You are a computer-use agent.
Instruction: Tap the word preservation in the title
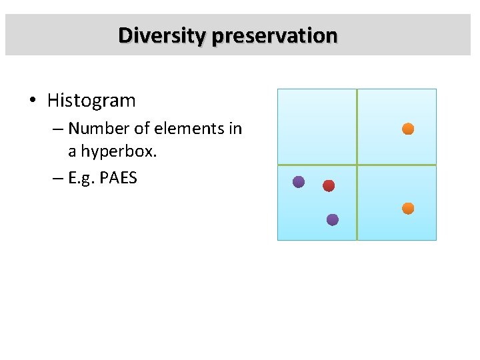coord(275,35)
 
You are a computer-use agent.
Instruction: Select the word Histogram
coord(91,101)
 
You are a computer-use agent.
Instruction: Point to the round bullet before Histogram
coord(33,101)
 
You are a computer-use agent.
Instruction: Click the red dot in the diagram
coord(329,185)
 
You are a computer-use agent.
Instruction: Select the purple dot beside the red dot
coord(299,181)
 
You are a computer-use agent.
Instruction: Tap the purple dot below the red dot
coord(333,219)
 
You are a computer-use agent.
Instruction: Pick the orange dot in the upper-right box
coord(408,129)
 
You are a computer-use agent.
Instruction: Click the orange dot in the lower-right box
coord(408,209)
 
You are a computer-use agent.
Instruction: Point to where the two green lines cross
coord(357,165)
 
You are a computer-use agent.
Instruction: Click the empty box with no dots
coord(317,126)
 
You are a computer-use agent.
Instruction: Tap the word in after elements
coord(235,128)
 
